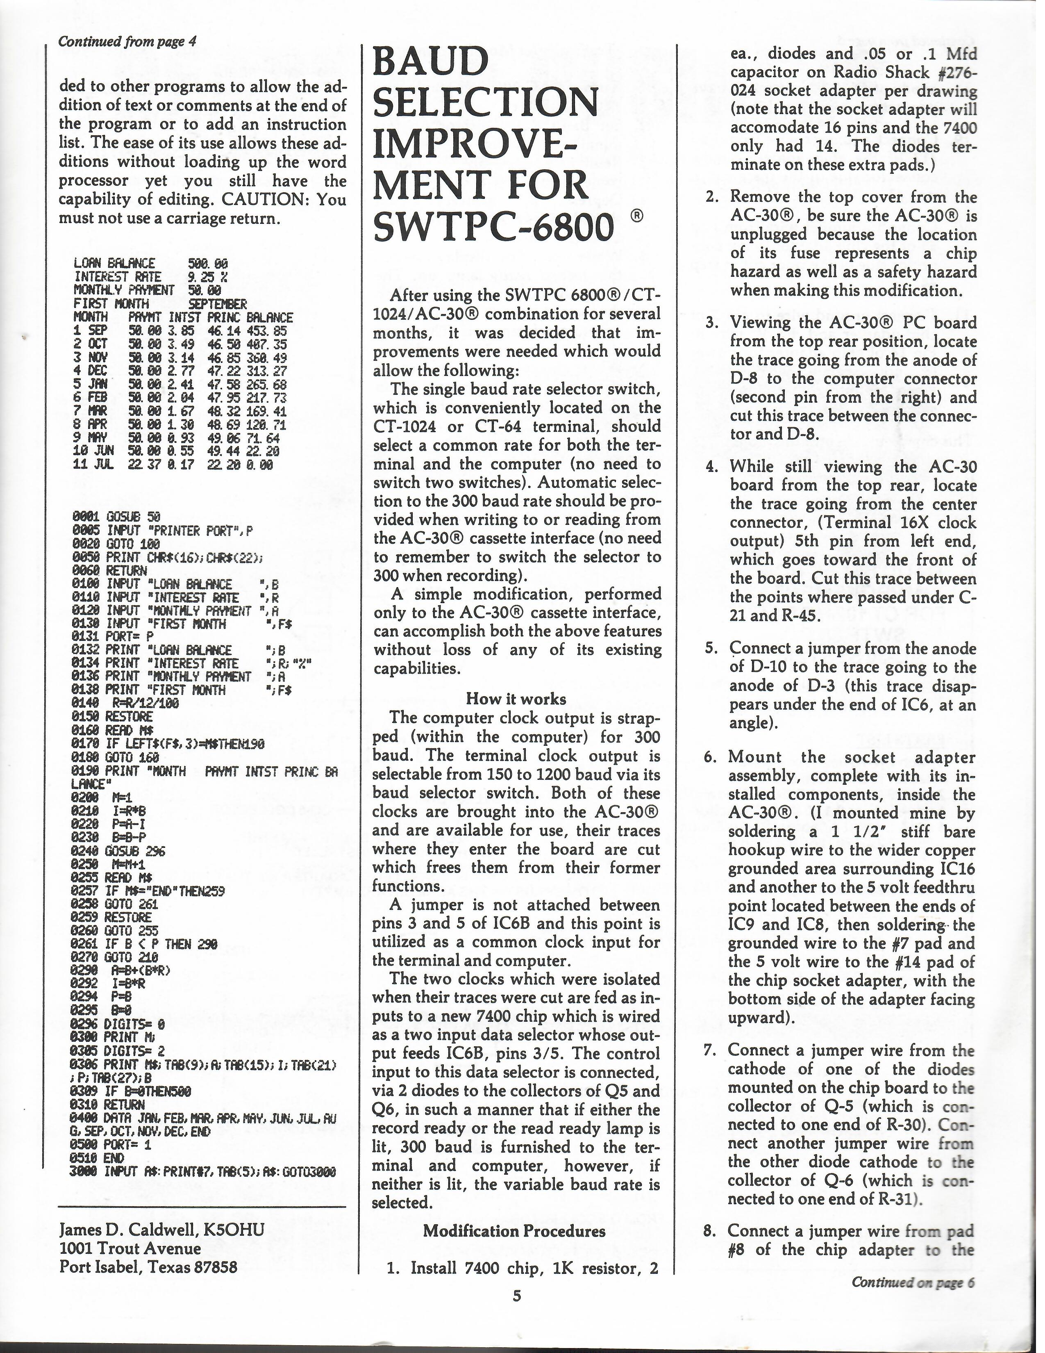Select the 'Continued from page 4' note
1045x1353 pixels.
[x=127, y=42]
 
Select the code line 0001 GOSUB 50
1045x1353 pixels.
[x=116, y=516]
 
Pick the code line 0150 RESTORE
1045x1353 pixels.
[x=112, y=716]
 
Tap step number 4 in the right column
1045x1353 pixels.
[x=711, y=467]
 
